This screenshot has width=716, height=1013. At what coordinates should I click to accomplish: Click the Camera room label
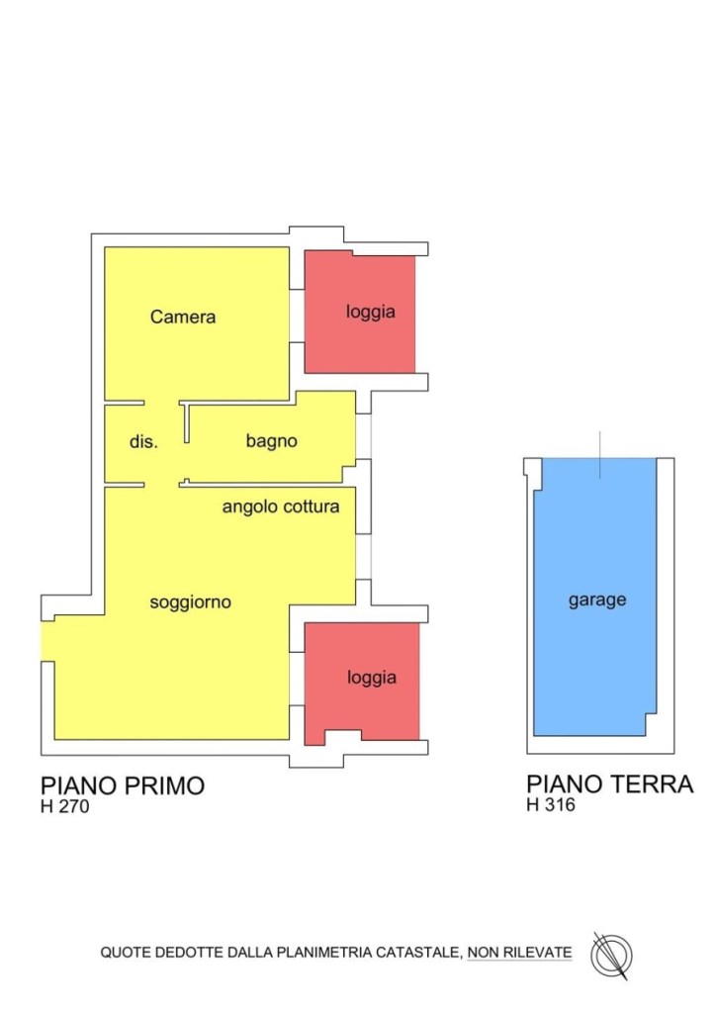tap(183, 318)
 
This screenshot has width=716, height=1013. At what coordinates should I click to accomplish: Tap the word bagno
tap(272, 441)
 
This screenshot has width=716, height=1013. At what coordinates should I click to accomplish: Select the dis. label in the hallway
tap(143, 442)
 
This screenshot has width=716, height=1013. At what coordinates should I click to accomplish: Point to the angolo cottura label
tap(281, 507)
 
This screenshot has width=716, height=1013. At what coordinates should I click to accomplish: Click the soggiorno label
tap(191, 601)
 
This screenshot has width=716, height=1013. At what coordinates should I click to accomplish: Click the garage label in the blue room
tap(597, 599)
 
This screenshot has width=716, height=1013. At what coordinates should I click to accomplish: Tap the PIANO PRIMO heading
tap(123, 785)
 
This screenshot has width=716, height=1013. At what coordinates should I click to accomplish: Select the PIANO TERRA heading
tap(609, 784)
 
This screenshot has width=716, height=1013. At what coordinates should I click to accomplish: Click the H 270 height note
tap(65, 806)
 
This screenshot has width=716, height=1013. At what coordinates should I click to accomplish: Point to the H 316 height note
tap(551, 805)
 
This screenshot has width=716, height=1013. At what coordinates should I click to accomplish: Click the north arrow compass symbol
tap(611, 956)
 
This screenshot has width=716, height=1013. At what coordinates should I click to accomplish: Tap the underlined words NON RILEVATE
tap(520, 953)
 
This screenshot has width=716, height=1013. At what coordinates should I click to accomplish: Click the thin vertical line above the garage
tap(599, 455)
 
